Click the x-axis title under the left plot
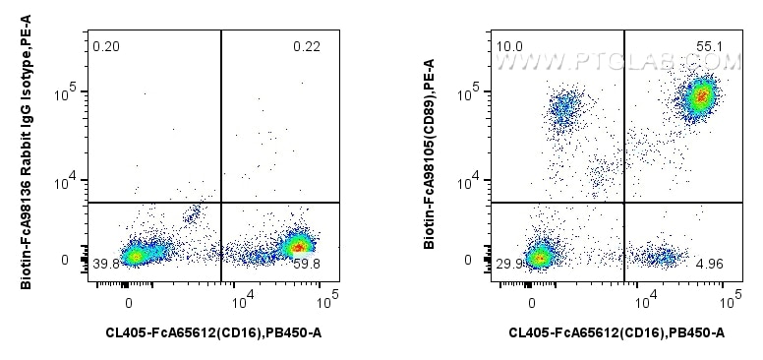point(213,334)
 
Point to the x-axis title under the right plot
point(616,334)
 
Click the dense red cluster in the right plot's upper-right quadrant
point(699,96)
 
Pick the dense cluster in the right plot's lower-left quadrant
point(538,258)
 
